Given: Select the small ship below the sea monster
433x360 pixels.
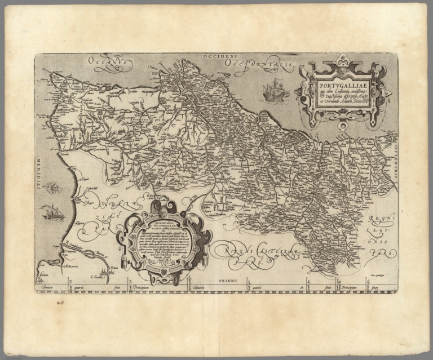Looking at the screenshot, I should click(x=52, y=212).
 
